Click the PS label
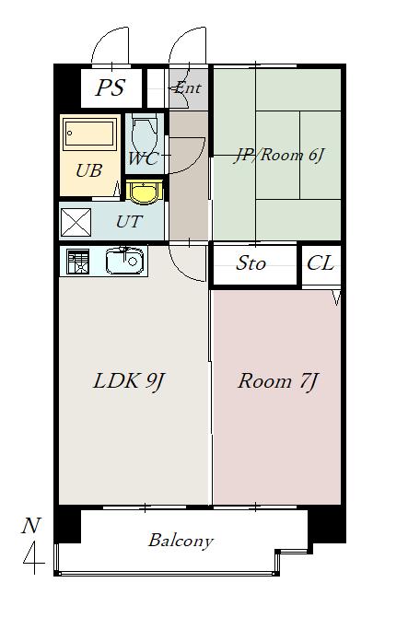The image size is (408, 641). click(x=110, y=87)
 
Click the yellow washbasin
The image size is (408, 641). click(x=144, y=192)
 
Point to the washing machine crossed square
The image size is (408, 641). click(x=76, y=222)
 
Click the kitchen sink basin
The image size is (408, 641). click(x=124, y=262)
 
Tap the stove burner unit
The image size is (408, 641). click(x=78, y=262)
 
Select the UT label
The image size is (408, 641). click(x=129, y=222)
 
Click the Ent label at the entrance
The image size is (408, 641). click(x=187, y=87)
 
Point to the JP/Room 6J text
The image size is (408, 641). click(x=278, y=156)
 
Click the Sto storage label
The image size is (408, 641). click(x=251, y=263)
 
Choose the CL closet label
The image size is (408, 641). click(x=321, y=263)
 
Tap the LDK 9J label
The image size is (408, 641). click(x=128, y=381)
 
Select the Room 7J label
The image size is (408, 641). click(x=277, y=381)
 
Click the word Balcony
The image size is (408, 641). click(x=181, y=541)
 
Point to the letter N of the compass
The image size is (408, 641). click(x=31, y=526)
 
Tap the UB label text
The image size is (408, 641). click(x=88, y=171)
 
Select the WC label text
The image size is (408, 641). click(x=143, y=158)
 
